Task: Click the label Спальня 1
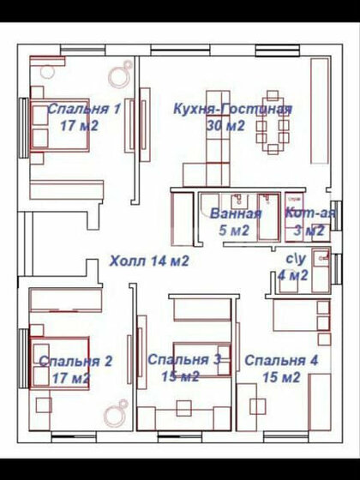click(83, 109)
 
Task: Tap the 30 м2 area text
click(226, 125)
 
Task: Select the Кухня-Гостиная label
click(231, 109)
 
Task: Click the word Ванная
click(236, 213)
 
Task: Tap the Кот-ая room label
click(305, 213)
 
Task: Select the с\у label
click(296, 258)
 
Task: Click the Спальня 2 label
click(75, 361)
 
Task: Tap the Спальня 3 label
click(184, 360)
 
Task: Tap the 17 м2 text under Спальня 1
click(79, 125)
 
